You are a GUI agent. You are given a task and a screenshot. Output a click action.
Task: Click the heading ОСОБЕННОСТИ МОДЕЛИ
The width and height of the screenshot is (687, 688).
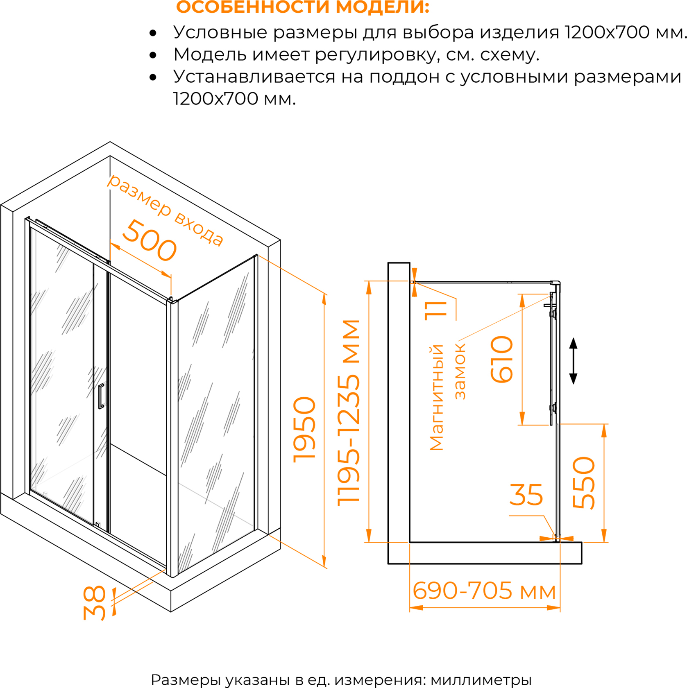[303, 7]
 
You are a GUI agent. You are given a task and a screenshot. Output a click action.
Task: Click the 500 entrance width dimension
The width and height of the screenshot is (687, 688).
[150, 241]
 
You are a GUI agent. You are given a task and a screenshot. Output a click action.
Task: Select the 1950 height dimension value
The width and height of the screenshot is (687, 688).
[305, 430]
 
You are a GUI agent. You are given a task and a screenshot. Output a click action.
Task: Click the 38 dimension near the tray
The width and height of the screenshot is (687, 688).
[95, 603]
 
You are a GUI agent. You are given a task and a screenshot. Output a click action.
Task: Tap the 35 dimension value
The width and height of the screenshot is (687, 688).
[526, 495]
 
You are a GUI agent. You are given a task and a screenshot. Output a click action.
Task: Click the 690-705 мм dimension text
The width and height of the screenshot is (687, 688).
[484, 591]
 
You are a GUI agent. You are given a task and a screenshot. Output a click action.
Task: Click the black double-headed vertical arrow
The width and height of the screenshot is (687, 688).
[574, 361]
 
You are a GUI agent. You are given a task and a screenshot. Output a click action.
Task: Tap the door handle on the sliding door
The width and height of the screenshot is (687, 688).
[101, 396]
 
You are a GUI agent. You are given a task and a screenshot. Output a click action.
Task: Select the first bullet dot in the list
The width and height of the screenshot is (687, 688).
[153, 33]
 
